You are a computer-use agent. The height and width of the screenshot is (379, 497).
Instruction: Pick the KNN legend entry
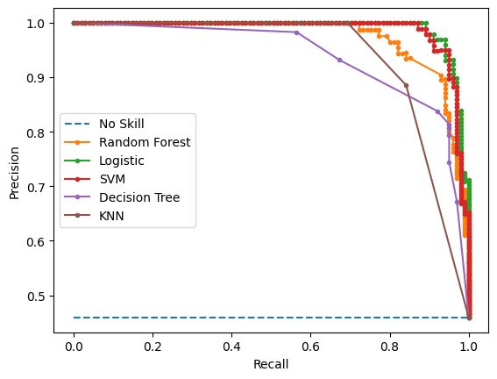coord(111,215)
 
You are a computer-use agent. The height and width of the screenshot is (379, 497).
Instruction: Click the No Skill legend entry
coord(122,123)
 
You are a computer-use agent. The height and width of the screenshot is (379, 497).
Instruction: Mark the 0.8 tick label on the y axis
coord(38,132)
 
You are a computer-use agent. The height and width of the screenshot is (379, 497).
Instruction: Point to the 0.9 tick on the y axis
coord(38,78)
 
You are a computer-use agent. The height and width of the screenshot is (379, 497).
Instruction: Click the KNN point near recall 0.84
coord(406,85)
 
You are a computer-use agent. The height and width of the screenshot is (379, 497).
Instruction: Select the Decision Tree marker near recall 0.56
coord(296,32)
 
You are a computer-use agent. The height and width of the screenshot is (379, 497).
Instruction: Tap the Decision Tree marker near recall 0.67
coord(340,60)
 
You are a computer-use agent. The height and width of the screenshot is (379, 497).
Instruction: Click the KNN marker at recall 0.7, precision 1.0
coord(351,23)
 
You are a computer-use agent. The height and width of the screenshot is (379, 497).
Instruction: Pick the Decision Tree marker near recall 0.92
coord(437,111)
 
